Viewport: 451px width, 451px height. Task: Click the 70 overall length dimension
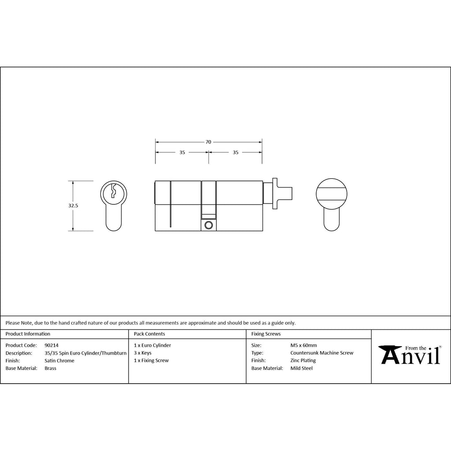tap(208, 142)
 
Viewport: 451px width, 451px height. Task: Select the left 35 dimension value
tap(182, 152)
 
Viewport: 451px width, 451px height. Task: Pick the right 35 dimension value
tap(236, 152)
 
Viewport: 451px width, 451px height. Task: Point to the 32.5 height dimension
tap(73, 206)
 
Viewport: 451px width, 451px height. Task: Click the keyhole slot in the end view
tap(114, 191)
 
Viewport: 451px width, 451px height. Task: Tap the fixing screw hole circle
tap(208, 225)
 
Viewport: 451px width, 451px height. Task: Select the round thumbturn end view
tap(331, 194)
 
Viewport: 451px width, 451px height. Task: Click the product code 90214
tap(52, 345)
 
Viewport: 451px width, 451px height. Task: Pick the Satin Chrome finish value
tap(59, 361)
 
